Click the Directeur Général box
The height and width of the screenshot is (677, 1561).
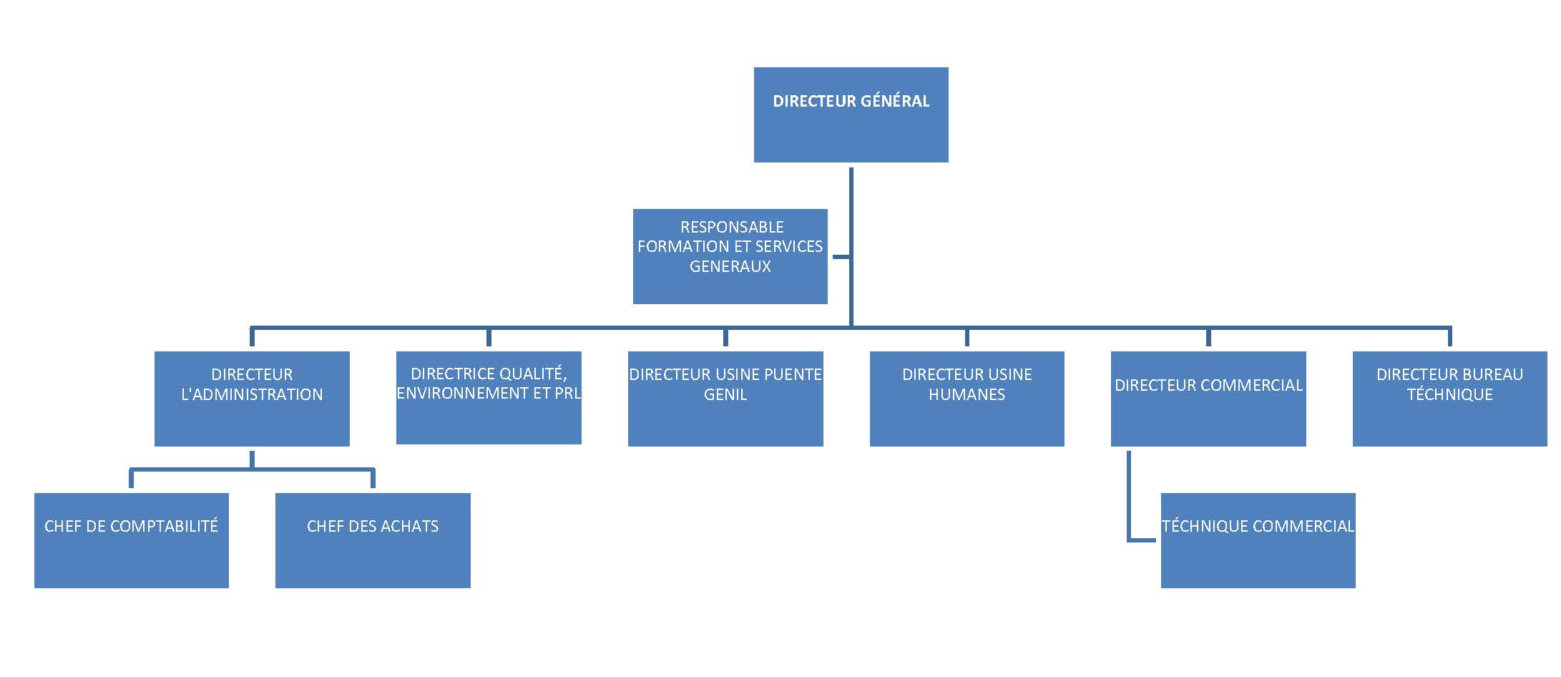(851, 115)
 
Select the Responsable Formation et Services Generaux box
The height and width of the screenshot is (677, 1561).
(730, 256)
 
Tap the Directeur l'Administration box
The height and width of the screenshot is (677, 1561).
(252, 399)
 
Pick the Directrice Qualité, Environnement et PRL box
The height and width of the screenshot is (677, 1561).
(489, 398)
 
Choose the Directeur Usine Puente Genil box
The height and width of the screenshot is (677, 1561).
(725, 399)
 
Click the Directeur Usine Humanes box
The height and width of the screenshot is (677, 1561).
(967, 399)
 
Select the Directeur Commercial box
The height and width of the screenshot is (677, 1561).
(1208, 399)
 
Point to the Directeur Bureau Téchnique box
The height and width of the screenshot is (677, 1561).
(1449, 399)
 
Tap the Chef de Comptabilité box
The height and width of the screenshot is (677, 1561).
(132, 540)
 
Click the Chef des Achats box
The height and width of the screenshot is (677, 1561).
(373, 540)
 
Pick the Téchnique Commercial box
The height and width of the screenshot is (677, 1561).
(1258, 540)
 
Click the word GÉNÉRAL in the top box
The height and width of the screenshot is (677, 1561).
(894, 101)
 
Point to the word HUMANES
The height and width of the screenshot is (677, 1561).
(967, 394)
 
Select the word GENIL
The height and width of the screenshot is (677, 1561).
(725, 394)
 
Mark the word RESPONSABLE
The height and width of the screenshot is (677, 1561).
(732, 227)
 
